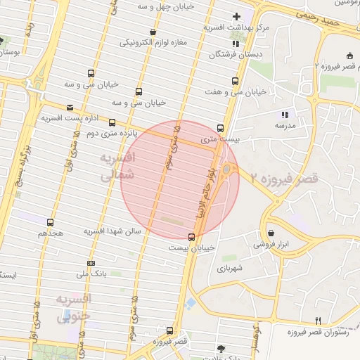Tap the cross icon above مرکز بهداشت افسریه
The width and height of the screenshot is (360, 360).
pyautogui.click(x=236, y=15)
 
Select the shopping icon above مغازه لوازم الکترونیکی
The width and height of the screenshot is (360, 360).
pyautogui.click(x=153, y=32)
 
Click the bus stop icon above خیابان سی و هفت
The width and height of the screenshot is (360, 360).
pyautogui.click(x=235, y=81)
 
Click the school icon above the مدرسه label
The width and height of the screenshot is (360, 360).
pyautogui.click(x=285, y=114)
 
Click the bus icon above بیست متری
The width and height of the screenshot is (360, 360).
pyautogui.click(x=221, y=129)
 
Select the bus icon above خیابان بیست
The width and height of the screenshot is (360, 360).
pyautogui.click(x=191, y=236)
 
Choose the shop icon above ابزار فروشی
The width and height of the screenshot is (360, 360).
pyautogui.click(x=271, y=233)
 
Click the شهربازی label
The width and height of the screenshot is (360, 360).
pyautogui.click(x=230, y=268)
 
